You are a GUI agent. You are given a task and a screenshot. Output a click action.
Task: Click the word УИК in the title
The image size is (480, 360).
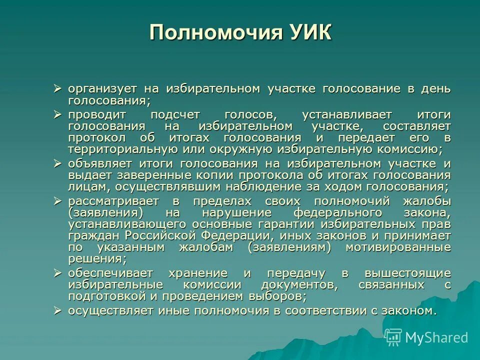(x=309, y=33)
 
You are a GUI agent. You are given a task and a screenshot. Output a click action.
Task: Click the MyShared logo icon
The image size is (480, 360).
(x=393, y=337)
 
